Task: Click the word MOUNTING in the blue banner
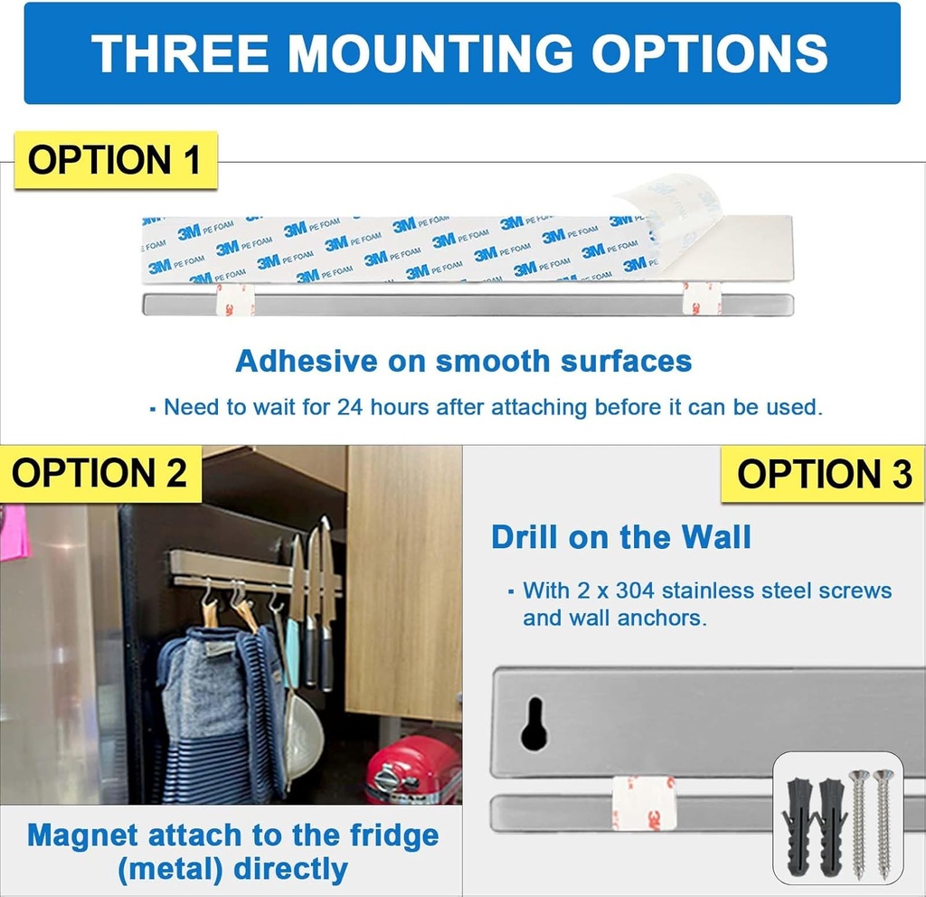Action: [430, 53]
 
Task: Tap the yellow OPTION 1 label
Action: [115, 160]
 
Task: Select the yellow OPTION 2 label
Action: [100, 473]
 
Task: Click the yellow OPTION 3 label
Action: [824, 475]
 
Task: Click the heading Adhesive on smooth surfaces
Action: [463, 361]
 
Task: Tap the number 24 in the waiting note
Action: [350, 407]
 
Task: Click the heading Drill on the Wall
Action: [621, 537]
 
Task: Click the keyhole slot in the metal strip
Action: [534, 723]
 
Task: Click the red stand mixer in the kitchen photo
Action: [413, 770]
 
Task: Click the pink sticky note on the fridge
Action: [14, 533]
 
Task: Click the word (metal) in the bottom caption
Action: [171, 869]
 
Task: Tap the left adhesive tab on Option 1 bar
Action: [234, 299]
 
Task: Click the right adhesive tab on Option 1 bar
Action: [701, 298]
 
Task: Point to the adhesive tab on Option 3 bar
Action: [643, 802]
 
